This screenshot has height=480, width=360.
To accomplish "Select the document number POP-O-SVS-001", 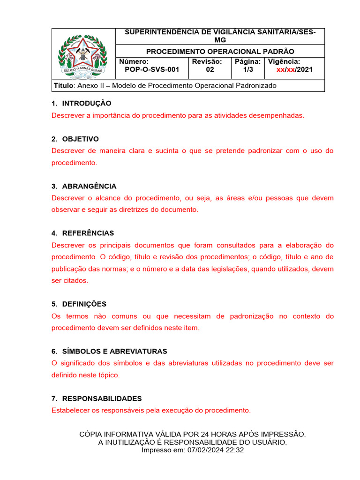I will click(x=152, y=70).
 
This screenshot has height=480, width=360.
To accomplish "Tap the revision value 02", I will click(x=210, y=70).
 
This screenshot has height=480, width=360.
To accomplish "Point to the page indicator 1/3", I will click(x=248, y=70).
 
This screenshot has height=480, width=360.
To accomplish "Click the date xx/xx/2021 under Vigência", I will click(x=294, y=70).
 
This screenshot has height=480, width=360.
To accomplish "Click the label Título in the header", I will click(x=63, y=86).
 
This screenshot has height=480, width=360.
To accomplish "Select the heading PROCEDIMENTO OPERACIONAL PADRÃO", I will click(x=220, y=52).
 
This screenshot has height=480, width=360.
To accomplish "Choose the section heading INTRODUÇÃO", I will click(x=87, y=104).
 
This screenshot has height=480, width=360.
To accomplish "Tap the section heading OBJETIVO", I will click(x=80, y=139).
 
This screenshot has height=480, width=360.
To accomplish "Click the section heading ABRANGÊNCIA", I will click(x=89, y=186).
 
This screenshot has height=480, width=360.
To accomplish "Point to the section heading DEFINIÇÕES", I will click(x=84, y=304).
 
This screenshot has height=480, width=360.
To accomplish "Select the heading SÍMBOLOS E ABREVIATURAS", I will click(x=114, y=351).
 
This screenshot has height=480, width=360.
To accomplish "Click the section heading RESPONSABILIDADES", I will click(x=102, y=398).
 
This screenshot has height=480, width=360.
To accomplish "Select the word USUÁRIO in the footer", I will click(x=269, y=442).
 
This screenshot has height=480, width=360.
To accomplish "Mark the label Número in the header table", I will click(x=134, y=62).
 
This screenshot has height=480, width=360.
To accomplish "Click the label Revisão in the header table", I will click(x=207, y=62).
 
